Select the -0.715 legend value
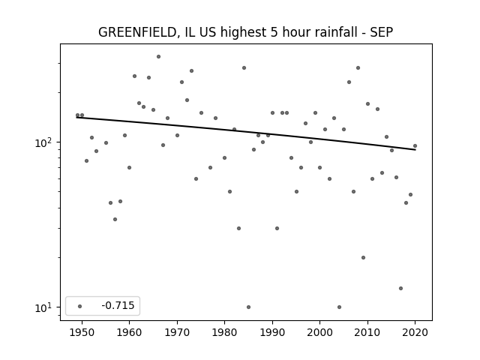pos(119,306)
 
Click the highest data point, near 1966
pos(158,56)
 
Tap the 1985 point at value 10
pos(248,307)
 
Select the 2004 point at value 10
pos(339,307)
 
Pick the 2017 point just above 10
pos(400,288)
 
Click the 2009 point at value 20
pos(363,257)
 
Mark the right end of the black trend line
pos(415,150)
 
